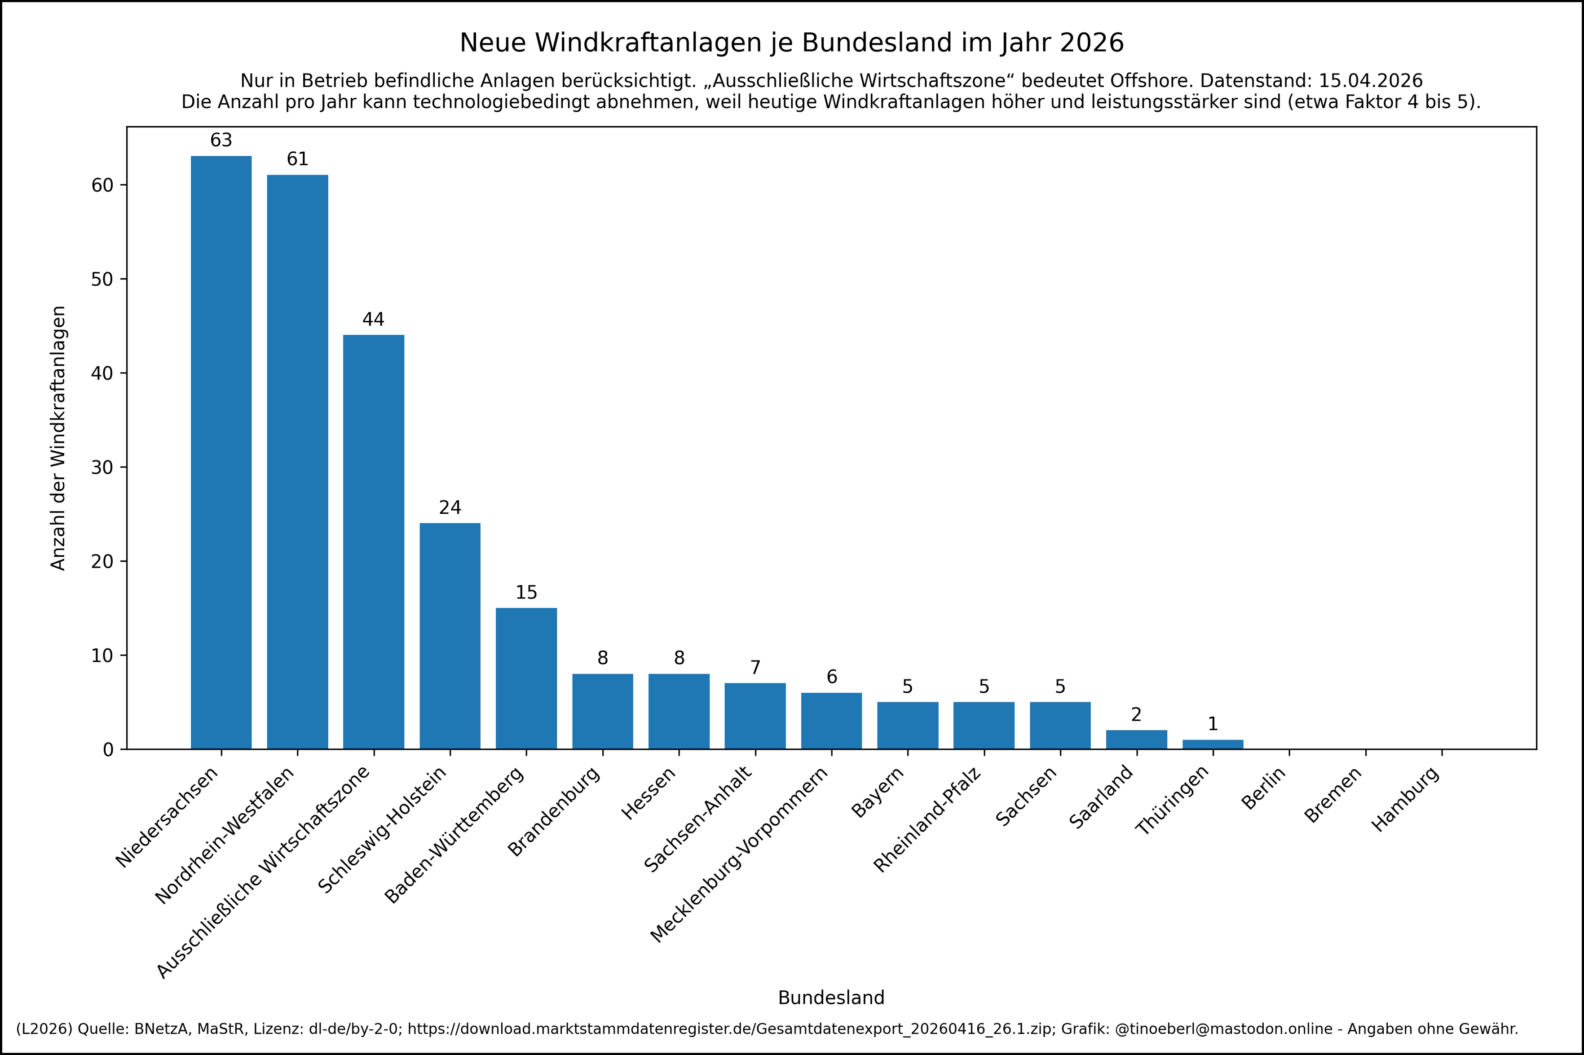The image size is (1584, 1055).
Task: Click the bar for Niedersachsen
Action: (221, 452)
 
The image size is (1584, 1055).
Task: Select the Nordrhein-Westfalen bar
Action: (298, 462)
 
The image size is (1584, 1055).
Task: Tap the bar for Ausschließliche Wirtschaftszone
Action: (374, 542)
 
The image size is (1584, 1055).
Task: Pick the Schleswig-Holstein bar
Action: (450, 636)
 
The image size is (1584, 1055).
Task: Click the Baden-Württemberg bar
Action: (526, 678)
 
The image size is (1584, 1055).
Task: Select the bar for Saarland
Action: (1136, 740)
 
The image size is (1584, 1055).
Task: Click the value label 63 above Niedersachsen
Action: (221, 140)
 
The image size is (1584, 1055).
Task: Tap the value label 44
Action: (374, 320)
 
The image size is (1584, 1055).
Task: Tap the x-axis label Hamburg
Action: (1406, 800)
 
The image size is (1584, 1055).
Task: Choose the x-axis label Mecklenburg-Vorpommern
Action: (739, 854)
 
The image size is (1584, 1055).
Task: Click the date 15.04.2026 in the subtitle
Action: (1370, 81)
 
